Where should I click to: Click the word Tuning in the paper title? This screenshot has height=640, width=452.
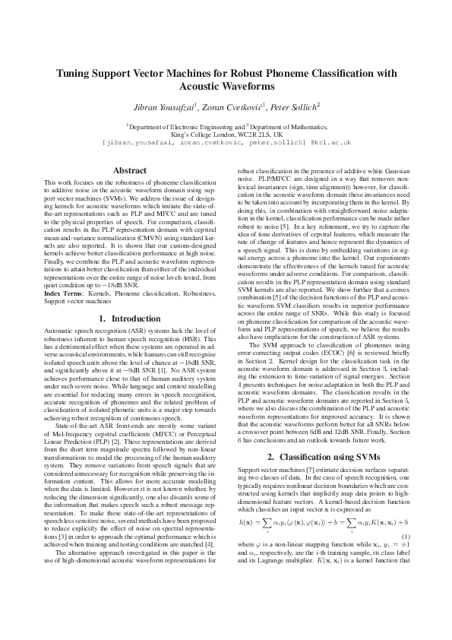(x=74, y=74)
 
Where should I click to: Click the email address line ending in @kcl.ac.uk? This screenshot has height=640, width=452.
(x=226, y=142)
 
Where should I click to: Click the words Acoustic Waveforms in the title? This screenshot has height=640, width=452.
(x=226, y=87)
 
